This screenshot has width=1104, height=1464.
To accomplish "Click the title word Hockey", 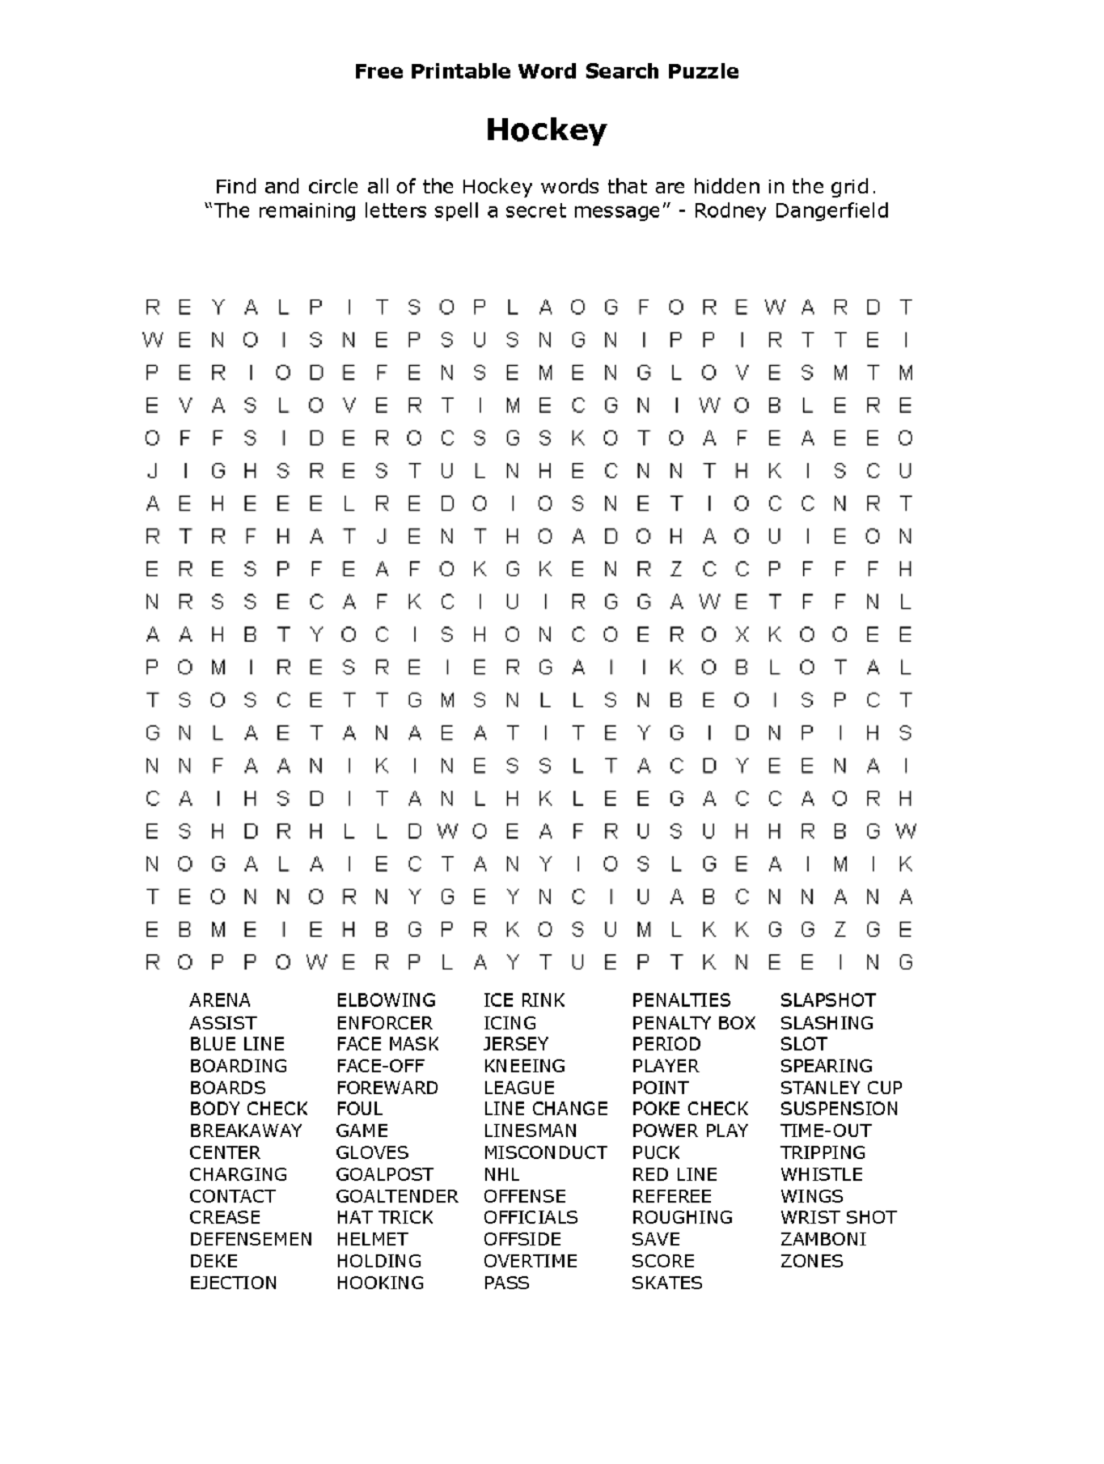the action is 546,130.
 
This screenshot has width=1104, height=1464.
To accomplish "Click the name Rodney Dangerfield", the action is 791,211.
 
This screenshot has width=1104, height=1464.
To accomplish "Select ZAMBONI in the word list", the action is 823,1239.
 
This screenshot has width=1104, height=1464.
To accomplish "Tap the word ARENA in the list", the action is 220,1000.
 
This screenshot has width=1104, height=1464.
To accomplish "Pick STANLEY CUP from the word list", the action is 840,1088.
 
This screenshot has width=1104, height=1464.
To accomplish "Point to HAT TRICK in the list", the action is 384,1217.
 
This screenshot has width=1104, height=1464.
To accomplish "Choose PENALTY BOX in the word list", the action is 693,1023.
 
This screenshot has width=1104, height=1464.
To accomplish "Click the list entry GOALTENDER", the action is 396,1196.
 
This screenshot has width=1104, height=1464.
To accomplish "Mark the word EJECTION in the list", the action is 233,1283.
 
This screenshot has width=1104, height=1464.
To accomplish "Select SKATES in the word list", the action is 666,1283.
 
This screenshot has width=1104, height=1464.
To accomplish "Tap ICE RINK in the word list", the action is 524,1000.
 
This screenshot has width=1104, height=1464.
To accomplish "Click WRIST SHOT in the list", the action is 838,1217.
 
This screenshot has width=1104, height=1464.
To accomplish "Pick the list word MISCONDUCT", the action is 544,1152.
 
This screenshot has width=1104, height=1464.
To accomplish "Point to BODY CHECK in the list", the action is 248,1109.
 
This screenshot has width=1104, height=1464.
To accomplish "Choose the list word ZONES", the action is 811,1261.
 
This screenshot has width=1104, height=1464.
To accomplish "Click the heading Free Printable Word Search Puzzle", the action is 546,71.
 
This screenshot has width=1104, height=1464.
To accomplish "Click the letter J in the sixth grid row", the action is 152,471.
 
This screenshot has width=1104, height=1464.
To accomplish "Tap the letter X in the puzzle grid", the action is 741,635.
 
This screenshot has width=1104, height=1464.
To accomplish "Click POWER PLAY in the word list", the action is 690,1131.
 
